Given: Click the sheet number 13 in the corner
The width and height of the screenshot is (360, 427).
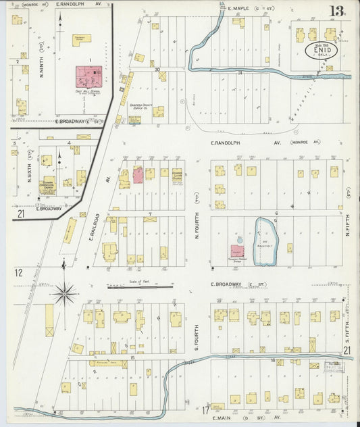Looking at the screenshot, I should pos(335,11).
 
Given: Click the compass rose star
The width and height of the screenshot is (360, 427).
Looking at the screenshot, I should pos(65,293).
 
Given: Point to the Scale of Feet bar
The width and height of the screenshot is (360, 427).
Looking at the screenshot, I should pos(140,287).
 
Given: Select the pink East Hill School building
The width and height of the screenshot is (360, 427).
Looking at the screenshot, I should pos(88,76).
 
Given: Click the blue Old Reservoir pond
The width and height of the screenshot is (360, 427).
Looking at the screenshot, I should pos(265,234).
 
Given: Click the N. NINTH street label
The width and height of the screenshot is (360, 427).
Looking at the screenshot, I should pos(42,61).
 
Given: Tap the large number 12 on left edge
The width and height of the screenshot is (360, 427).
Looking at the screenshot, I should pos(18,272).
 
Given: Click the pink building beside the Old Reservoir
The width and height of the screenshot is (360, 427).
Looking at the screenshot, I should pos(238,251).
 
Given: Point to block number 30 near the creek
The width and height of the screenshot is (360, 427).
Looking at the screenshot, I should pos(157,69).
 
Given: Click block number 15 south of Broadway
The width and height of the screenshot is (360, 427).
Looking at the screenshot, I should pos(133,357).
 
